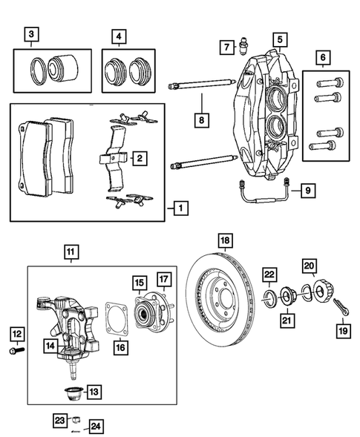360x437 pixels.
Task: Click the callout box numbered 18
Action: [225, 240]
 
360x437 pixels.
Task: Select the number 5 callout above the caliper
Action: [279, 39]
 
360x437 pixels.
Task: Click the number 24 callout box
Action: [95, 426]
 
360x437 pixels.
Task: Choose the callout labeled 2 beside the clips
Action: [138, 157]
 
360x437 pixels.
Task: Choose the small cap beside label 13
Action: [75, 392]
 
